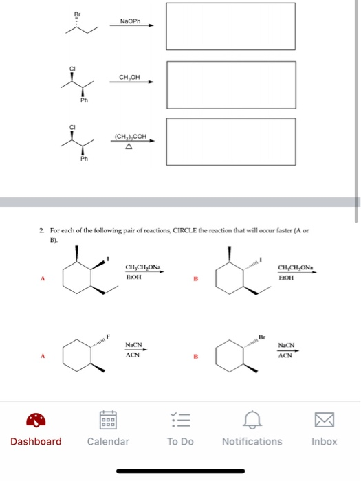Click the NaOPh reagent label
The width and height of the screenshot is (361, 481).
pos(130,21)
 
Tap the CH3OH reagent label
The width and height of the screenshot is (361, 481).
pos(130,77)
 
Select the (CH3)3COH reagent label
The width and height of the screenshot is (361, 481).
pos(130,137)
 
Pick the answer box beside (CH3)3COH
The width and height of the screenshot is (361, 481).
pos(231,140)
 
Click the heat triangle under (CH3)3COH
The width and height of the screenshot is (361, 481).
pos(129,146)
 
